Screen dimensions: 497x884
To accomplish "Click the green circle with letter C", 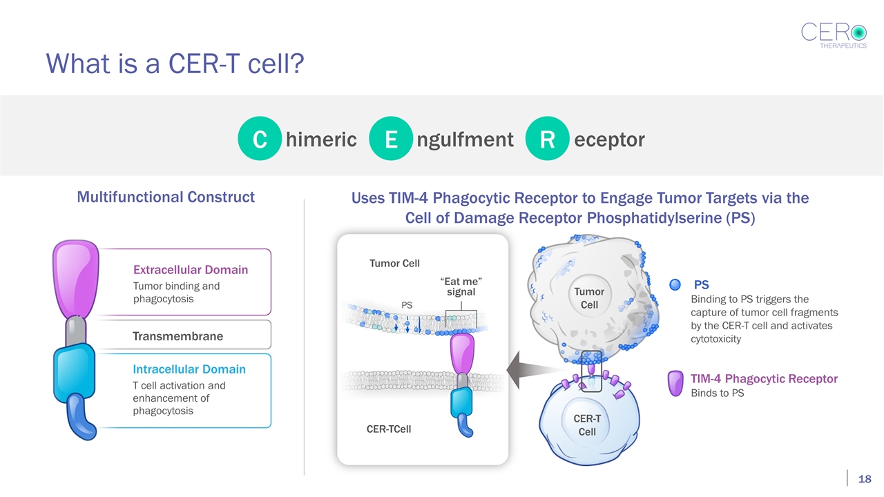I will click(259, 139).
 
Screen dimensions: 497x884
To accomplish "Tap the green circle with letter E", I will click(390, 139).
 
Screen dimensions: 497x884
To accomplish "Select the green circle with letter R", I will click(547, 139).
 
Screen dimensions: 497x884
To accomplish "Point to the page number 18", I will click(864, 479).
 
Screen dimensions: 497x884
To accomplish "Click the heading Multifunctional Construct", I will click(166, 197).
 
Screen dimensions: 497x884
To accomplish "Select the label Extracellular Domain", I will click(191, 269).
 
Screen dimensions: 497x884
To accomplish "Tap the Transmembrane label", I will click(177, 336).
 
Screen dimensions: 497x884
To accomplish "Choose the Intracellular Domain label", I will click(189, 369).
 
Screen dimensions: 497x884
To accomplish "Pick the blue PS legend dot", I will click(675, 284).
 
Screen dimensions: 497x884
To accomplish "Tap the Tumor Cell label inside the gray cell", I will click(589, 298).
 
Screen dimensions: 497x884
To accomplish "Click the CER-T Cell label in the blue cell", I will click(587, 425).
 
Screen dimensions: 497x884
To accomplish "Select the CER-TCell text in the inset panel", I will click(389, 429).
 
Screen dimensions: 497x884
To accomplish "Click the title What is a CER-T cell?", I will click(175, 64).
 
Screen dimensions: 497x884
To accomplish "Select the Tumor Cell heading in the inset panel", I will click(394, 263).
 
